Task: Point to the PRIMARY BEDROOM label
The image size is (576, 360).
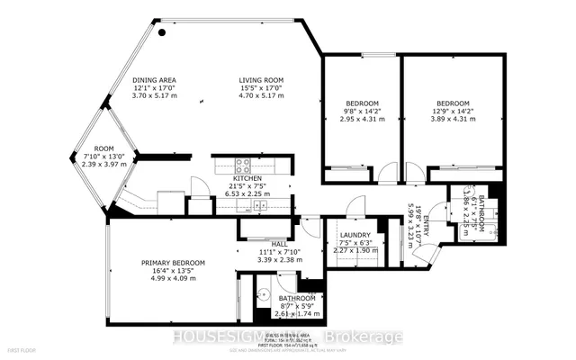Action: point(173,263)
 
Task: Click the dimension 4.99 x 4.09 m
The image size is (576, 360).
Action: point(173,279)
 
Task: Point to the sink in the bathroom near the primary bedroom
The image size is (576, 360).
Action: point(265,294)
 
